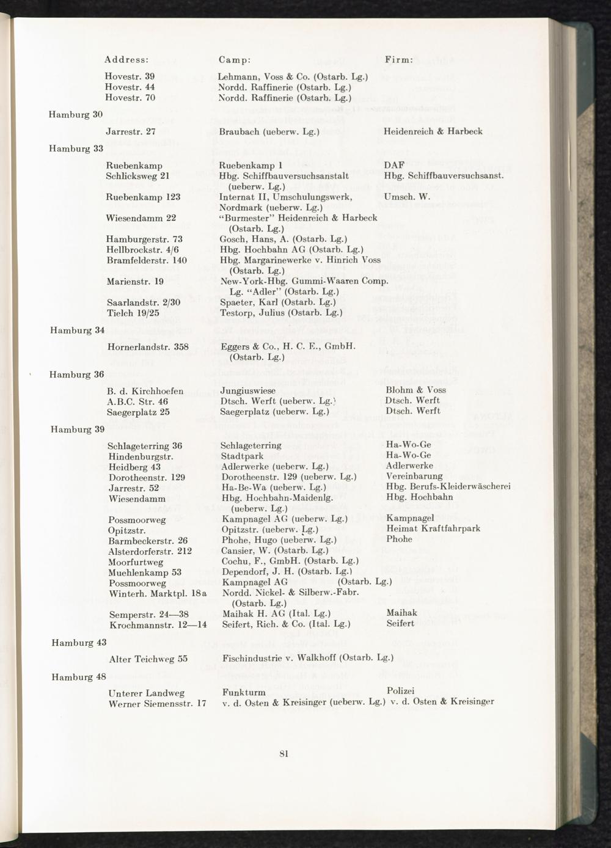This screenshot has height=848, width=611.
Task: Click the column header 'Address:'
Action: pyautogui.click(x=126, y=60)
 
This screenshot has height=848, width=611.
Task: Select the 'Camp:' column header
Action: pyautogui.click(x=235, y=60)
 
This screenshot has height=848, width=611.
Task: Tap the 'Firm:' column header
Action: pyautogui.click(x=399, y=60)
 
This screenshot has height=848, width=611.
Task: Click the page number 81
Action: pyautogui.click(x=284, y=753)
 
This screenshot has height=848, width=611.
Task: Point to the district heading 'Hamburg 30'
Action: pyautogui.click(x=76, y=114)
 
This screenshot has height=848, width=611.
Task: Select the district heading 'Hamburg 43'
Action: pyautogui.click(x=79, y=643)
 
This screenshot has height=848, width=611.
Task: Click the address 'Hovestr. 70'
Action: pyautogui.click(x=130, y=97)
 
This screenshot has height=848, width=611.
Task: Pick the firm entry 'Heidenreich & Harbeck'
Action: pyautogui.click(x=433, y=131)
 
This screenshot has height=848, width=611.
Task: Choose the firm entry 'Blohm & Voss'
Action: pyautogui.click(x=415, y=390)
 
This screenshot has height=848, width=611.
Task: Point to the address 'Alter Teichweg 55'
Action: pyautogui.click(x=148, y=659)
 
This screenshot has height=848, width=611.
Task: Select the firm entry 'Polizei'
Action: pyautogui.click(x=401, y=690)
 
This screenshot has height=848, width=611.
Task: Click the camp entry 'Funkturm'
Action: pyautogui.click(x=244, y=692)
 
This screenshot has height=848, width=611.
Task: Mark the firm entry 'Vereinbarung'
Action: pyautogui.click(x=414, y=477)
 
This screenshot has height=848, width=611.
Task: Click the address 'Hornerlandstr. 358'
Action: pyautogui.click(x=147, y=347)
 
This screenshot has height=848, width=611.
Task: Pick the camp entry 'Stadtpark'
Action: pyautogui.click(x=242, y=456)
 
